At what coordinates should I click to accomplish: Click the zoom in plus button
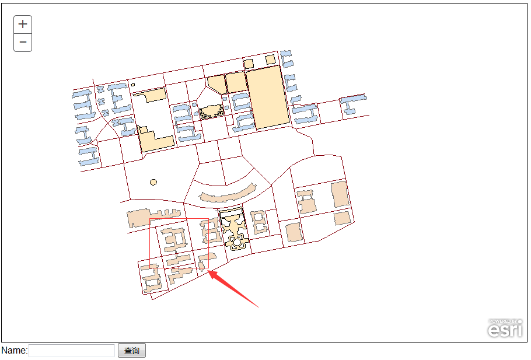pos(23,25)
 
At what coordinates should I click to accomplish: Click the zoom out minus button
pos(23,43)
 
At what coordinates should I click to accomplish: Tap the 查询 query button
pos(132,351)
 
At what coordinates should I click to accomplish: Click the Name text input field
pos(71,351)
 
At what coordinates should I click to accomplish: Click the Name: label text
pos(14,351)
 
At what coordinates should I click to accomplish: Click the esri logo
pos(505,330)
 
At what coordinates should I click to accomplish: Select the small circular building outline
pos(153,183)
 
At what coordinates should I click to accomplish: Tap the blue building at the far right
pos(353,104)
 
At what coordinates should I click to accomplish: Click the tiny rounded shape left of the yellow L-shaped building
pos(133,85)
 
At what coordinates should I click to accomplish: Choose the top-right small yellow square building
pos(270,60)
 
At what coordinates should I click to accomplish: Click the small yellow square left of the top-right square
pos(248,64)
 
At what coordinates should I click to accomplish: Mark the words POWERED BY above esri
pos(503,321)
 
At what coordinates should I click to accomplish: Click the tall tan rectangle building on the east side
pos(340,194)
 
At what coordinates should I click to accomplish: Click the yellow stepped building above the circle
pos(156,139)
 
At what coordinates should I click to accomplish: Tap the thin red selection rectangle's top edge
pos(179,219)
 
